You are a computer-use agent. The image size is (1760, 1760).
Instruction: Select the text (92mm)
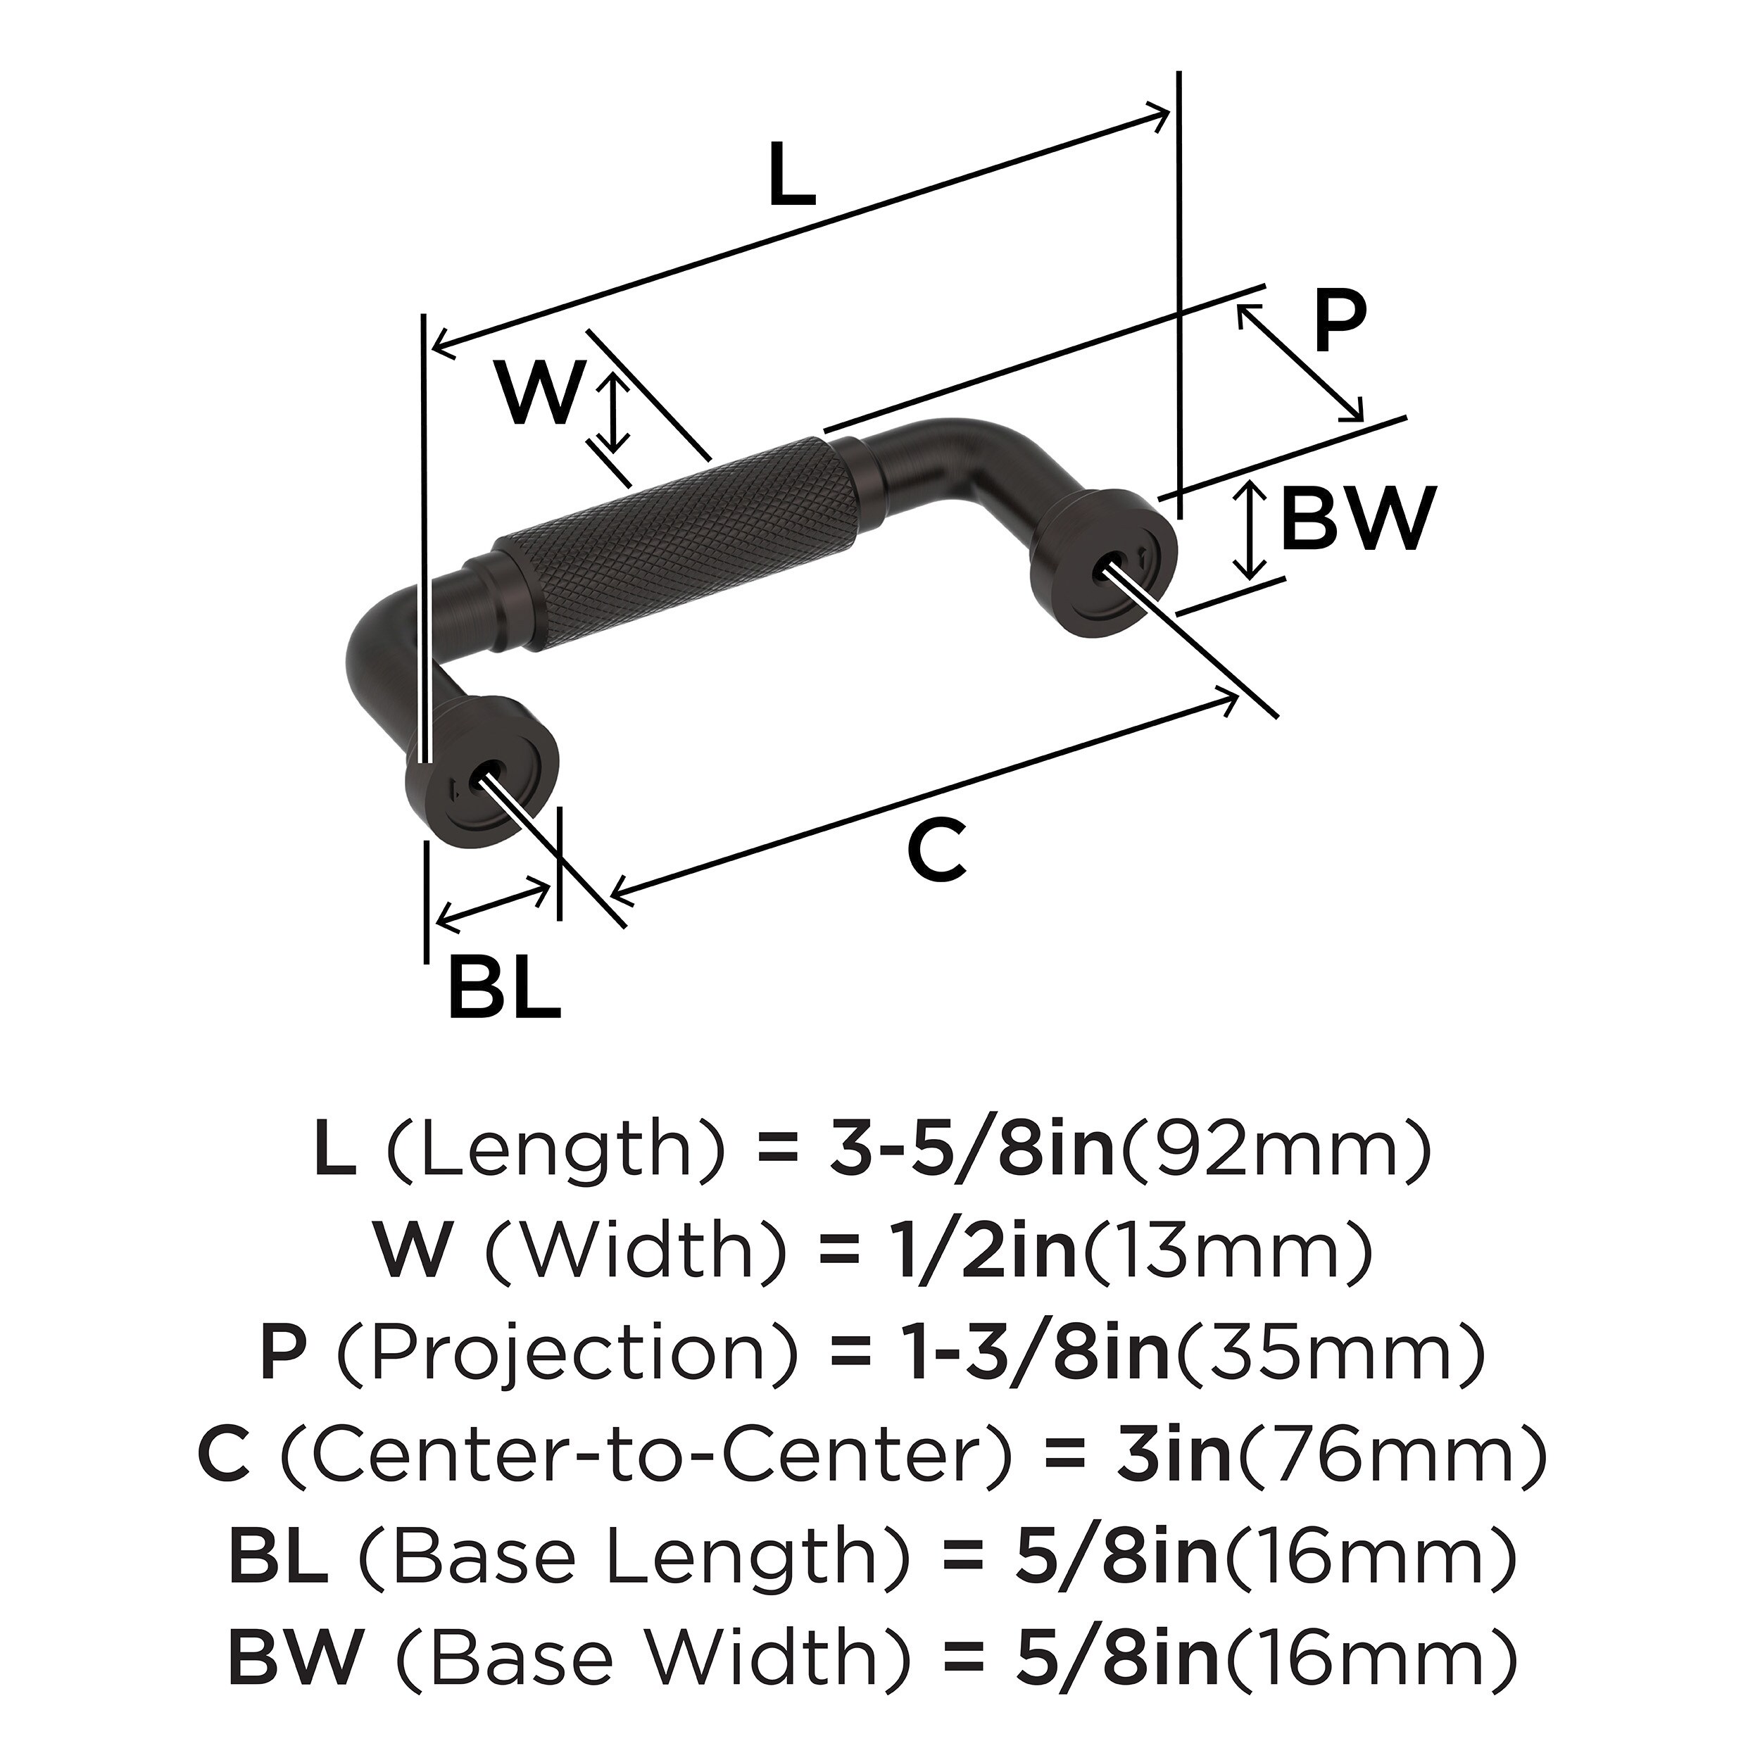tap(1276, 1152)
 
